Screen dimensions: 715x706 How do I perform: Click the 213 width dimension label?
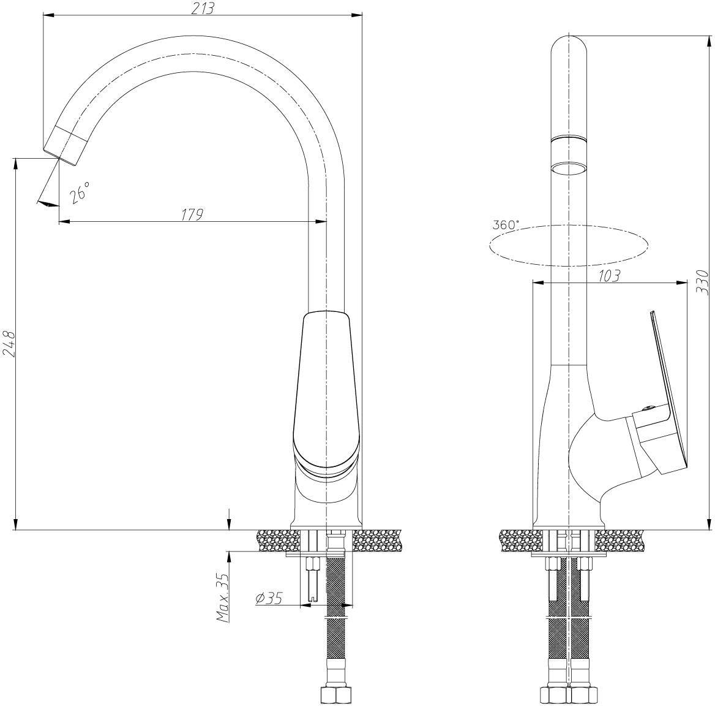[x=202, y=8]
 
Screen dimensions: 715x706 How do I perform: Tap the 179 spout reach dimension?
[x=192, y=214]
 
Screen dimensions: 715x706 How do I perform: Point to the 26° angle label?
[x=80, y=192]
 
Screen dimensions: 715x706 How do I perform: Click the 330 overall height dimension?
[x=703, y=282]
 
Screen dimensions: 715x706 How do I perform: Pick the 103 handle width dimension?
[x=609, y=275]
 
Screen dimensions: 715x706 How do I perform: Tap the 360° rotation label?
[x=506, y=224]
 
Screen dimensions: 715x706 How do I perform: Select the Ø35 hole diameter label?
[x=269, y=598]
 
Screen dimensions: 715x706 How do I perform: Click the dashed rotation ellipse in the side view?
[x=569, y=226]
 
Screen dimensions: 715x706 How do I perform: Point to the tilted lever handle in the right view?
[x=667, y=388]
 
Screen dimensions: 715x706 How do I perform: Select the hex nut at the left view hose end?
[x=335, y=694]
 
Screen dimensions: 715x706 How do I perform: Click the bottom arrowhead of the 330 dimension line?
[x=708, y=525]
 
